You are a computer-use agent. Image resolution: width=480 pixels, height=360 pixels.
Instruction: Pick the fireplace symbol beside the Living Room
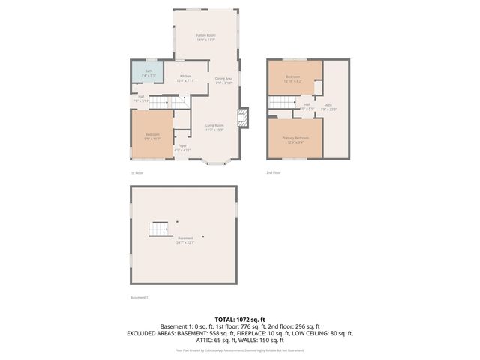click(x=242, y=117)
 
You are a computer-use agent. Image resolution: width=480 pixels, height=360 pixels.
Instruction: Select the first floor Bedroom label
click(x=152, y=136)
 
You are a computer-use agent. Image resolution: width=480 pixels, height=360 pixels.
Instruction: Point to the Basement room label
click(x=185, y=240)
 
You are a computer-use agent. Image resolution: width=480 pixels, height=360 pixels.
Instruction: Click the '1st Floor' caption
click(x=136, y=172)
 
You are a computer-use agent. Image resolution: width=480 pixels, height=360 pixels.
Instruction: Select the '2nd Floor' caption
click(x=274, y=172)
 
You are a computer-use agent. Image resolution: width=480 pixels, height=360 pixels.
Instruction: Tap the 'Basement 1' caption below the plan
click(x=139, y=297)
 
